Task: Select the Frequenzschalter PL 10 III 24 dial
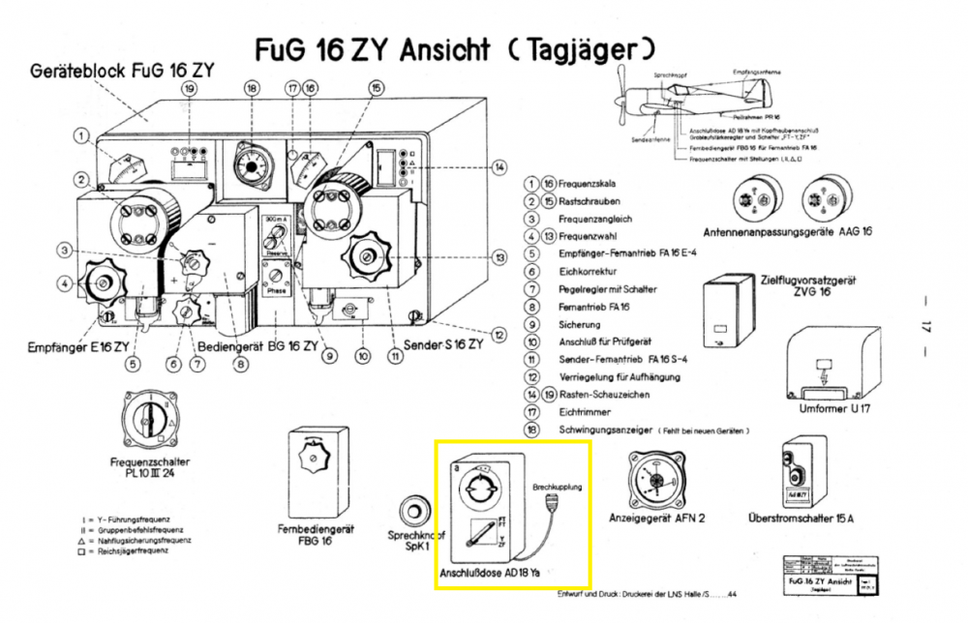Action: click(148, 418)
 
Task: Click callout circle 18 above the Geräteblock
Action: click(253, 88)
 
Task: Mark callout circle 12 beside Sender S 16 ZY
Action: click(499, 335)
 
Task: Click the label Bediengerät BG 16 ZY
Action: click(258, 346)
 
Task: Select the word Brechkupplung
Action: click(559, 488)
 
